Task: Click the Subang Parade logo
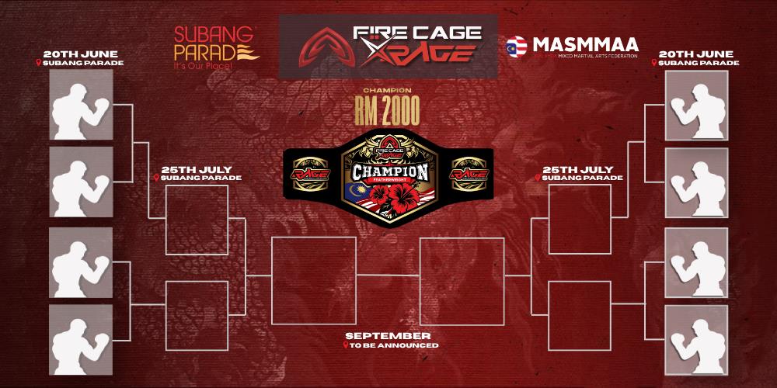pyautogui.click(x=207, y=47)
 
